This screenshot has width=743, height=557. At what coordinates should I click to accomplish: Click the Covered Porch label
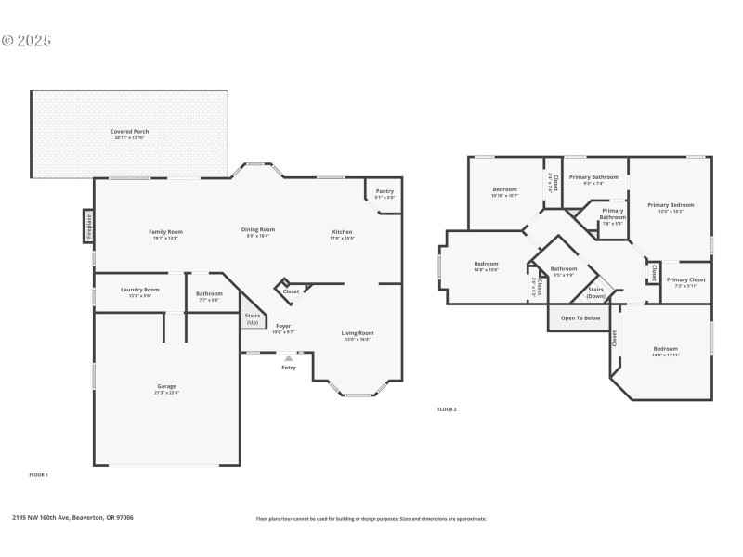pyautogui.click(x=129, y=132)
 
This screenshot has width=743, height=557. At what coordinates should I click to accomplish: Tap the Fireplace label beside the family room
pyautogui.click(x=89, y=227)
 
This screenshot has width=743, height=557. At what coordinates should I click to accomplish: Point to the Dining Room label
pyautogui.click(x=259, y=229)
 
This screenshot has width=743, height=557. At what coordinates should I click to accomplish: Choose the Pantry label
pyautogui.click(x=384, y=192)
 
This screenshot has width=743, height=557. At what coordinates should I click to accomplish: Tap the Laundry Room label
pyautogui.click(x=139, y=290)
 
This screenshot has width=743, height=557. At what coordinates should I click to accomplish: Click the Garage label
pyautogui.click(x=166, y=386)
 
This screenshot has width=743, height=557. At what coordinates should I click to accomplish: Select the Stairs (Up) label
pyautogui.click(x=252, y=318)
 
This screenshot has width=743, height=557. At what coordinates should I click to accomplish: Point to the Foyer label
pyautogui.click(x=282, y=327)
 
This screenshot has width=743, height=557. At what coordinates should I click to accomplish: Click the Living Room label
pyautogui.click(x=358, y=332)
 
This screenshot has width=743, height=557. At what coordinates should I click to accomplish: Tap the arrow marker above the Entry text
pyautogui.click(x=288, y=356)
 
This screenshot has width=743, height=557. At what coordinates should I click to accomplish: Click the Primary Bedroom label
pyautogui.click(x=671, y=205)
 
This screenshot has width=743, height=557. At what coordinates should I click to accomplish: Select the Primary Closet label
pyautogui.click(x=685, y=279)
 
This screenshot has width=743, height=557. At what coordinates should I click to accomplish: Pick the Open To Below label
pyautogui.click(x=580, y=318)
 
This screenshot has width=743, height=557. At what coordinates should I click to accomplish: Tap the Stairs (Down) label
pyautogui.click(x=595, y=292)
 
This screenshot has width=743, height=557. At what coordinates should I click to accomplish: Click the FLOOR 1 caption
pyautogui.click(x=38, y=474)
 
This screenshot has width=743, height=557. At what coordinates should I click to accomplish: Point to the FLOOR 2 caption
pyautogui.click(x=447, y=409)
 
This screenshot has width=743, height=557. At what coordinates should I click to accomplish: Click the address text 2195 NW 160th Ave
pyautogui.click(x=72, y=518)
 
